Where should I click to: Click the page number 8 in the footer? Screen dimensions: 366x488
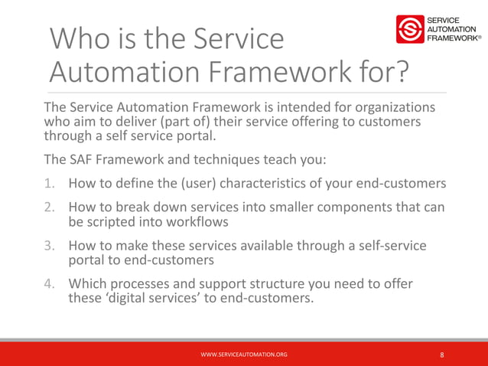coord(442,355)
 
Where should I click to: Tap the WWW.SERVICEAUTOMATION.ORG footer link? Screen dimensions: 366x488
coord(244,355)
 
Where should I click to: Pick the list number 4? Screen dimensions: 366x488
coord(48,285)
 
